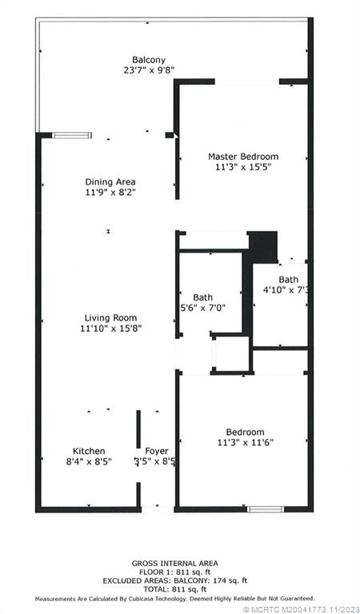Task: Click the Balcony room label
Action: click(x=149, y=59)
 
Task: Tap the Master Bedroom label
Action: click(x=242, y=156)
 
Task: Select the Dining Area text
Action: click(x=110, y=182)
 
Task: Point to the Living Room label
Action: click(x=110, y=317)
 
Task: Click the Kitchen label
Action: click(x=89, y=451)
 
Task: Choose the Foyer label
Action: click(x=156, y=451)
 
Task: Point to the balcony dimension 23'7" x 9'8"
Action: click(x=149, y=70)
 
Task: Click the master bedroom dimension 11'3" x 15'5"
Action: click(x=242, y=167)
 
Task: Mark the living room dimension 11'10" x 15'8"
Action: click(x=110, y=329)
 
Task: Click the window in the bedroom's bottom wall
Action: click(x=265, y=508)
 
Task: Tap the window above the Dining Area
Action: click(x=71, y=135)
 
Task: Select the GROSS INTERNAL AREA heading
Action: click(x=174, y=563)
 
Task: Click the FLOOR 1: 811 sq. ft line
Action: click(x=174, y=572)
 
